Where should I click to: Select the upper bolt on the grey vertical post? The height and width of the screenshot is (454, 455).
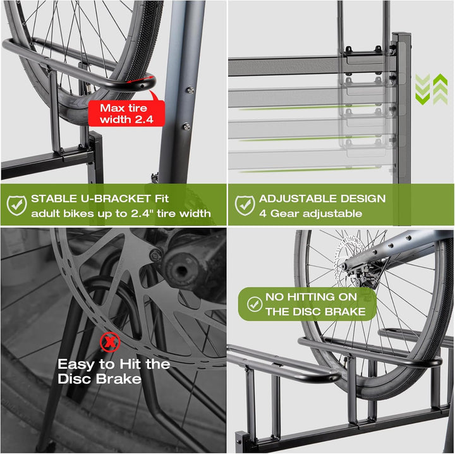(x=190, y=90)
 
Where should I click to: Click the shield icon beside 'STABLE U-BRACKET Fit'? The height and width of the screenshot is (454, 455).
(x=16, y=205)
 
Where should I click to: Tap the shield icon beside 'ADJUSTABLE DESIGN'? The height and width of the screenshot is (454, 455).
(x=245, y=205)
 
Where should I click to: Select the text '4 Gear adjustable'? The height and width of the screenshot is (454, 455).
(x=310, y=213)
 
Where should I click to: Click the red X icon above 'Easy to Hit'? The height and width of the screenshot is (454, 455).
(x=111, y=342)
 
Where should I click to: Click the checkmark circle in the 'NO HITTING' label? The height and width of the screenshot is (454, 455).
(x=254, y=304)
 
